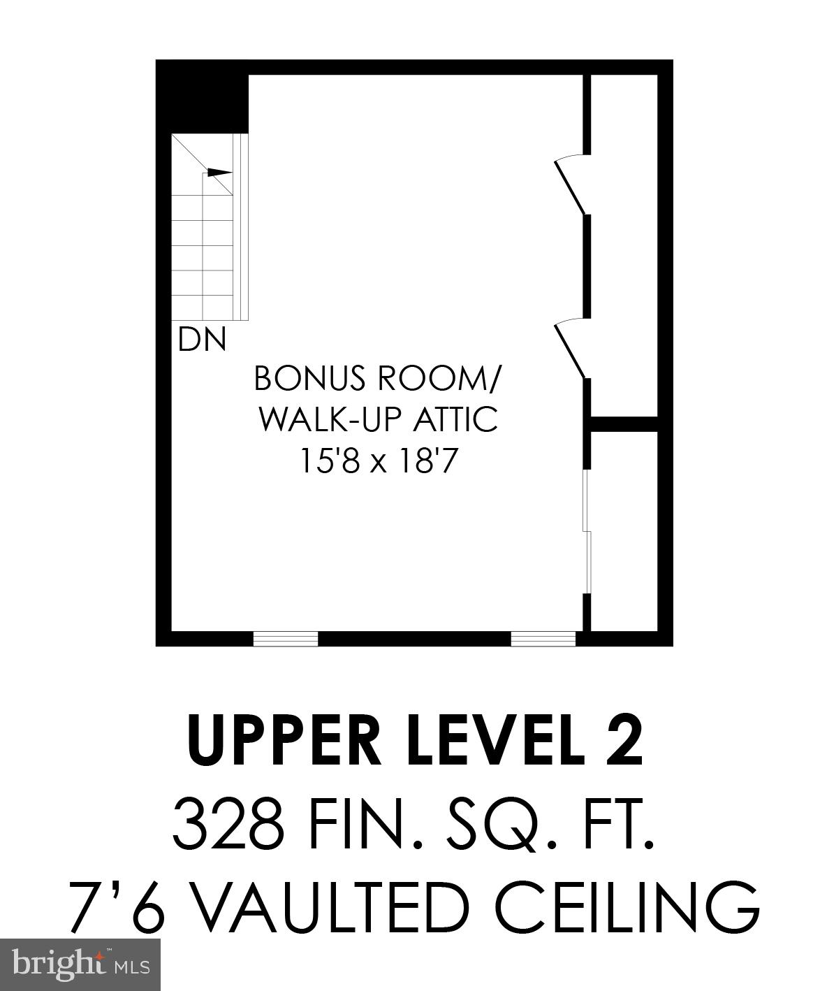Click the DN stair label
click(x=203, y=340)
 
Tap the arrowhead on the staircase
click(x=219, y=172)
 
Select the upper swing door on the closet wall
click(x=570, y=185)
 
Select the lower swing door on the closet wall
click(x=570, y=349)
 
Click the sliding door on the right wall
click(x=588, y=533)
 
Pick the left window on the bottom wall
click(x=285, y=639)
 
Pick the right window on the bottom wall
click(x=543, y=639)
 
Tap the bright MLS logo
click(x=81, y=965)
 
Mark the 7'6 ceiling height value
click(x=117, y=906)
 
